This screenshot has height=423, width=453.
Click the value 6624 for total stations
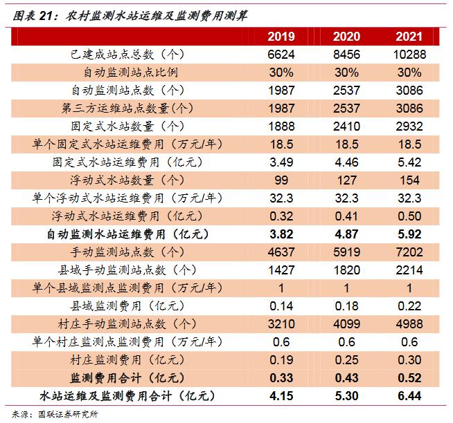pos(281,54)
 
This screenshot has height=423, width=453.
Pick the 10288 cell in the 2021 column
pos(410,54)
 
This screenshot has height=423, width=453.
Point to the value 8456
pos(346,54)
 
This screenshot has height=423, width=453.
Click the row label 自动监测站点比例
pos(131,72)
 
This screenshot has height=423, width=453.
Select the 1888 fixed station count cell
pos(281,126)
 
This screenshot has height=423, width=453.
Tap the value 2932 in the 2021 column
pos(410,126)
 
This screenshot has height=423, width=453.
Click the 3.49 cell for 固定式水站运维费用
pos(281,162)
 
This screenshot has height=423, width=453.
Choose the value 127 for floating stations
pos(346,180)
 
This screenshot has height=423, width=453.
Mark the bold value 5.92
pos(410,234)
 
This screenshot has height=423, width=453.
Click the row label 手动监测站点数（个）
pos(131,252)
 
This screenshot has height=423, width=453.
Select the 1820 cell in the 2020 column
pos(346,270)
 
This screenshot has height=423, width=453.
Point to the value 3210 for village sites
pos(281,323)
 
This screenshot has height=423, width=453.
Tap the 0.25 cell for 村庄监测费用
pos(346,359)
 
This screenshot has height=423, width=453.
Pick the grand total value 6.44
pos(410,395)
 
